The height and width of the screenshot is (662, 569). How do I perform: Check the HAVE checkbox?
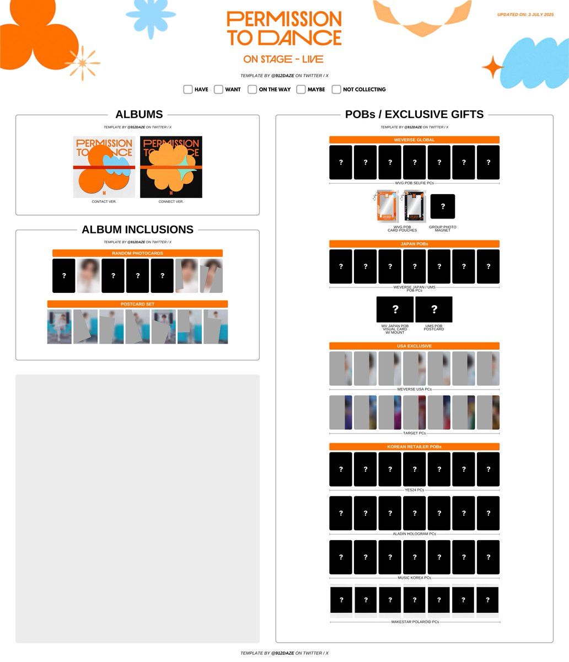point(188,89)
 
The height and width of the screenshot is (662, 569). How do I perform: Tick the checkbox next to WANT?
point(218,89)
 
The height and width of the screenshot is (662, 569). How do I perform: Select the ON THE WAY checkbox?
point(252,89)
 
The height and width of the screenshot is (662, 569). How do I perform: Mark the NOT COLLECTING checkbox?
point(336,89)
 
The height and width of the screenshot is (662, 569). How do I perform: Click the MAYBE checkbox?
point(301,89)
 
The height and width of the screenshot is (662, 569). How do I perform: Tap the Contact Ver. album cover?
point(104,167)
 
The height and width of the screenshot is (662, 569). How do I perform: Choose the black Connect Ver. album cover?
point(171,167)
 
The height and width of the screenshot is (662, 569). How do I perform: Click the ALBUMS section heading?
point(139,114)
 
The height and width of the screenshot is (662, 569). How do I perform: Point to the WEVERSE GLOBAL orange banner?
point(414,140)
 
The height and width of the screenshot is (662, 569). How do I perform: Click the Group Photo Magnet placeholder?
point(443,206)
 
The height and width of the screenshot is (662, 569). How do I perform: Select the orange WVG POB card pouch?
point(387,206)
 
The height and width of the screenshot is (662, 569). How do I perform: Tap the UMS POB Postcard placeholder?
point(434,309)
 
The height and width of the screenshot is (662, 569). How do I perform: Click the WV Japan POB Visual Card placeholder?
point(395,309)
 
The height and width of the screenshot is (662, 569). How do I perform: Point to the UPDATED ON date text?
point(525,14)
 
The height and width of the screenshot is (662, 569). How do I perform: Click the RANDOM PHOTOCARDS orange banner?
point(137,253)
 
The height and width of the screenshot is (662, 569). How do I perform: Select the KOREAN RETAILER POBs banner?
point(414,446)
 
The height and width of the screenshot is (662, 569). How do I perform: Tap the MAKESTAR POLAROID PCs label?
point(415,622)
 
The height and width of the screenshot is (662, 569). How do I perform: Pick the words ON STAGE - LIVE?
point(283,59)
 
